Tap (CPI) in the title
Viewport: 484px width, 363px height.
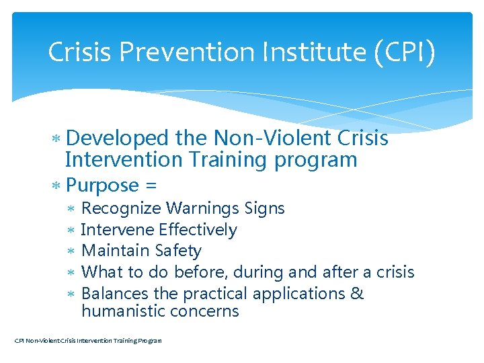[x=401, y=52]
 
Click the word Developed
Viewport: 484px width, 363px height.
[x=118, y=138]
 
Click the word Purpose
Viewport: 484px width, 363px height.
[x=103, y=185]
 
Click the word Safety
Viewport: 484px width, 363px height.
[x=177, y=251]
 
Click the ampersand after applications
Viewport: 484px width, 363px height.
[x=357, y=294]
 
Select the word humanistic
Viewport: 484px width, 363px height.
[x=124, y=311]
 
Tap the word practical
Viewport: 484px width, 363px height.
[x=215, y=294]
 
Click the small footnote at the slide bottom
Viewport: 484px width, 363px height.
[x=88, y=341]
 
